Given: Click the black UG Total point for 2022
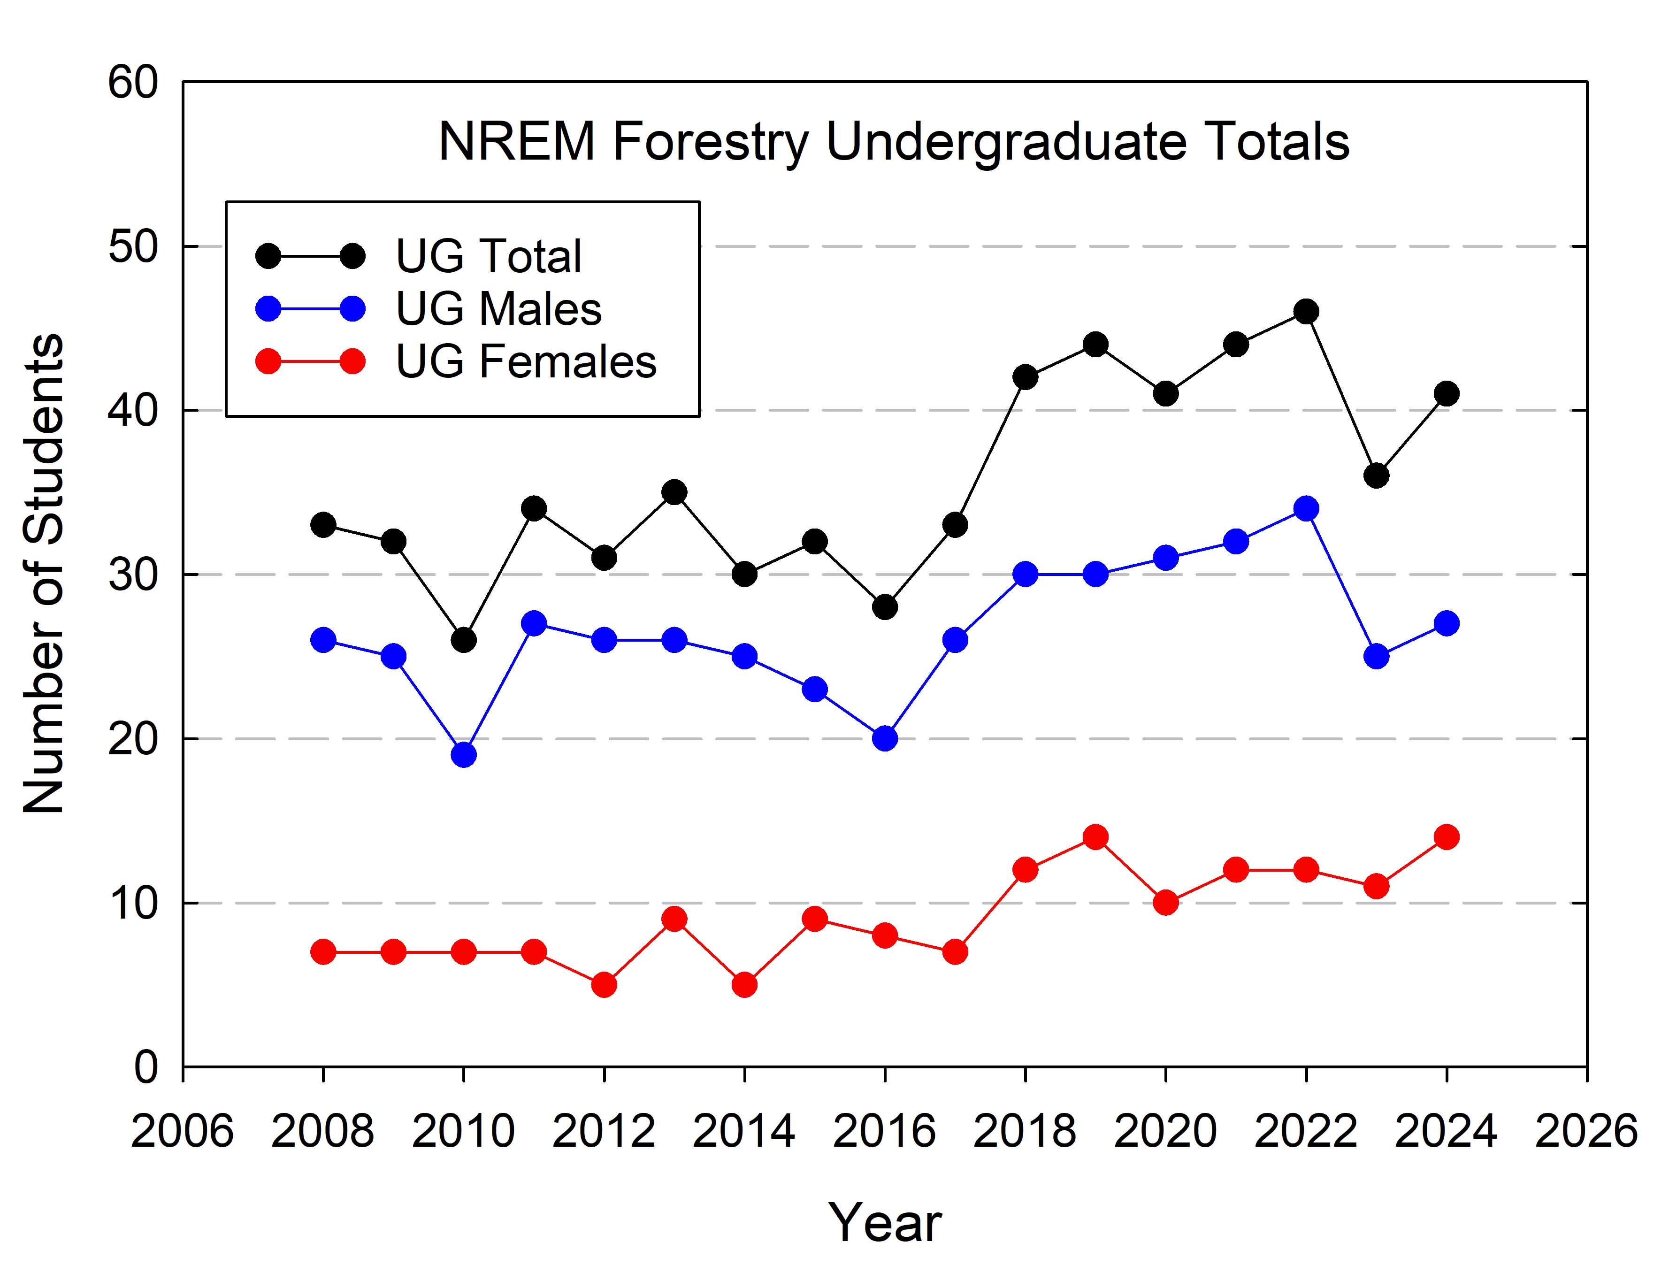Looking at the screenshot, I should (x=1306, y=311).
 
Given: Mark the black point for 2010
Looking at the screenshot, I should (x=463, y=640).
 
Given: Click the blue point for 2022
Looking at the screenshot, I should (x=1306, y=509).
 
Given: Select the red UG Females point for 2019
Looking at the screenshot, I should (x=1095, y=837).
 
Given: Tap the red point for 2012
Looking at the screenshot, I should (x=604, y=985).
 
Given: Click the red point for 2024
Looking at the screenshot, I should (x=1447, y=837).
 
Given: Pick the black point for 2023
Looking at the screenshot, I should (x=1376, y=475).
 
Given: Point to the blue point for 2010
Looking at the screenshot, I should (x=463, y=755).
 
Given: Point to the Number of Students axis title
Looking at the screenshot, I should (x=43, y=574).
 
